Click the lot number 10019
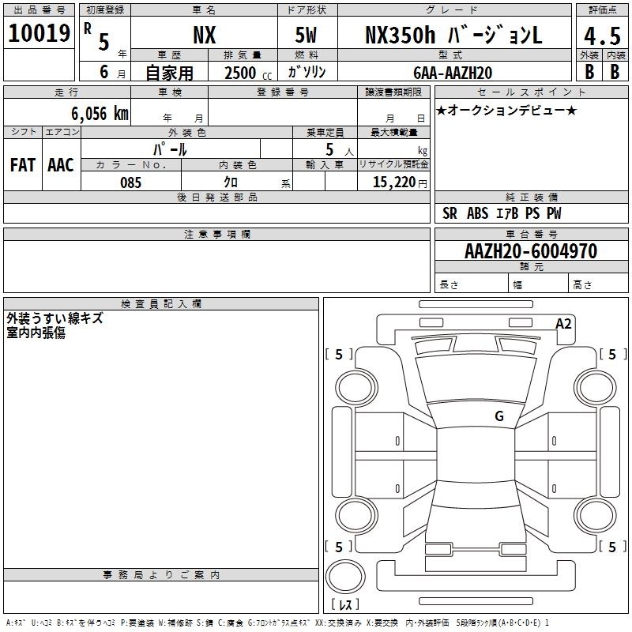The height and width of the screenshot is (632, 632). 39,33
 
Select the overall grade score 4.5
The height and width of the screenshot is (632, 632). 602,36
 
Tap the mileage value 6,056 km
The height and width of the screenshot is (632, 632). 100,114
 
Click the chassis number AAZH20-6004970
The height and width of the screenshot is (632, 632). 531,251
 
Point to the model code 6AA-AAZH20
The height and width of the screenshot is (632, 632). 453,73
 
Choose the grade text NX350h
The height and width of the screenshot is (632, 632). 400,35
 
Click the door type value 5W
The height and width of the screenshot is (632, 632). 306,35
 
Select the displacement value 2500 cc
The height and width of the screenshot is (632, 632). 248,73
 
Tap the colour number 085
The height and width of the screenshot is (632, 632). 130,182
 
